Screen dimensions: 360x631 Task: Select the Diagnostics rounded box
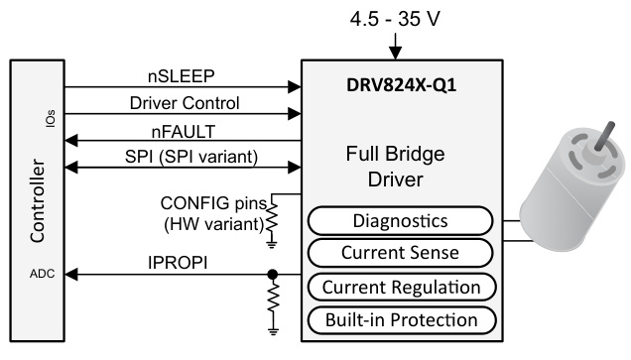399,220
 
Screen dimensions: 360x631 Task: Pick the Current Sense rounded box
399,253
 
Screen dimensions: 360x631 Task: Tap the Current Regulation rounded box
399,288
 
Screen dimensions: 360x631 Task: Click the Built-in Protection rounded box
399,319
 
